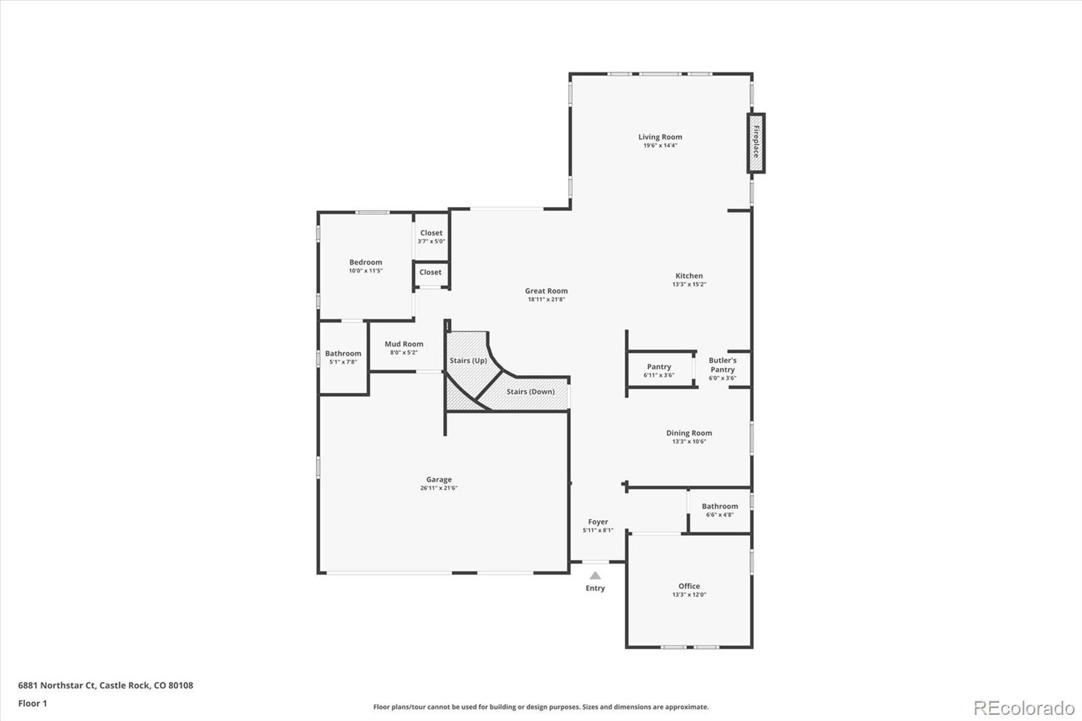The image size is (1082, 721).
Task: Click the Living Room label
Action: point(660,137)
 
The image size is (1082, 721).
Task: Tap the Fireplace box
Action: point(756,143)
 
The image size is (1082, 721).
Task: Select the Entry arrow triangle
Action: point(595,575)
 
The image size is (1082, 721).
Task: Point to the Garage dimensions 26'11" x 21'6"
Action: point(439,488)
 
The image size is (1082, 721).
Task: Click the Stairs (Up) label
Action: point(468,360)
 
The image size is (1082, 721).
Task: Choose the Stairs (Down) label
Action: point(530,392)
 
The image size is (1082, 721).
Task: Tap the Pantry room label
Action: point(659,367)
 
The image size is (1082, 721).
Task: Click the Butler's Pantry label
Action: point(722,365)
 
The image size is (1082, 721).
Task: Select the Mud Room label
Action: point(404,344)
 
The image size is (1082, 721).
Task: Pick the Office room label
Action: point(689,586)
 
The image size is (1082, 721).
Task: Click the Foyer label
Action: point(598,521)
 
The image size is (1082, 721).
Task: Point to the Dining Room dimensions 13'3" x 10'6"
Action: point(689,441)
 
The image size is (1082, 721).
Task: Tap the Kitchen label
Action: point(689,275)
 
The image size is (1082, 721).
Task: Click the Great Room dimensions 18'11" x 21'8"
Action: point(546,299)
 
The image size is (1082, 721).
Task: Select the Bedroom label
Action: point(366,262)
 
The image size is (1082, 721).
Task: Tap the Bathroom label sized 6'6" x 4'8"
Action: point(720,506)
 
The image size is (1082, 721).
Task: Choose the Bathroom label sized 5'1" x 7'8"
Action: point(343,353)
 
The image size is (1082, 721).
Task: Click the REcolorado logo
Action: point(1024,708)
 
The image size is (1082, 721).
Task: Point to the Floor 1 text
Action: point(32,703)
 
